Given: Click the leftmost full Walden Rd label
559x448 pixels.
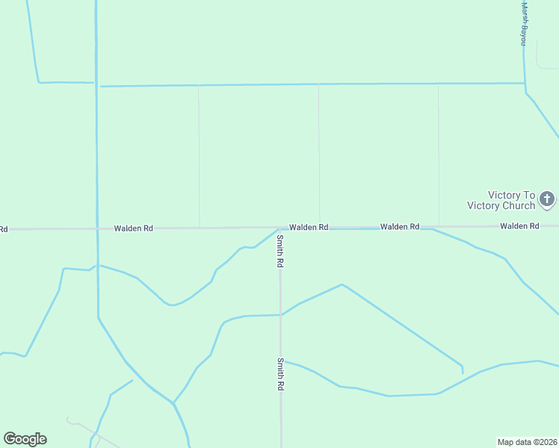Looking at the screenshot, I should (x=133, y=228).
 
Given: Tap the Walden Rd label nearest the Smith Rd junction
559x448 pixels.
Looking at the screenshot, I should (x=309, y=227).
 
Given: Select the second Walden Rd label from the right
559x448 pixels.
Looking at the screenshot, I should (x=399, y=226).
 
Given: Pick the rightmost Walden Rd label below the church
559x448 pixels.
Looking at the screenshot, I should (x=519, y=225).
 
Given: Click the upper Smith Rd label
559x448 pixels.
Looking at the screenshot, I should (x=280, y=251).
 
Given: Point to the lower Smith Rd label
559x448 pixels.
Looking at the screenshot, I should (x=280, y=374).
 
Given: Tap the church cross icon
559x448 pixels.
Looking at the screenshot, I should (x=547, y=199).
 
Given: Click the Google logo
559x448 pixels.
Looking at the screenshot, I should (x=25, y=439).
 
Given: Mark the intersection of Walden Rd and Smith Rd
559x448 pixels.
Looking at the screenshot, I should (x=280, y=228).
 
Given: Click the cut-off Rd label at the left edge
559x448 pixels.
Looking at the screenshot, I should (x=4, y=228).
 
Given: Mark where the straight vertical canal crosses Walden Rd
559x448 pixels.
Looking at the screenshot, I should (x=97, y=228).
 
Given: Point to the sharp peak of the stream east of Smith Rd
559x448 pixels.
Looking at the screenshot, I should (x=342, y=284).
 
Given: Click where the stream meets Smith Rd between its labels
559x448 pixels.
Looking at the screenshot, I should (x=281, y=315).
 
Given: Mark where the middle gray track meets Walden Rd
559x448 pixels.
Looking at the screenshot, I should (x=320, y=227).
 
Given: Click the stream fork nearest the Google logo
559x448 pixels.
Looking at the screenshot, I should (x=173, y=403).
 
